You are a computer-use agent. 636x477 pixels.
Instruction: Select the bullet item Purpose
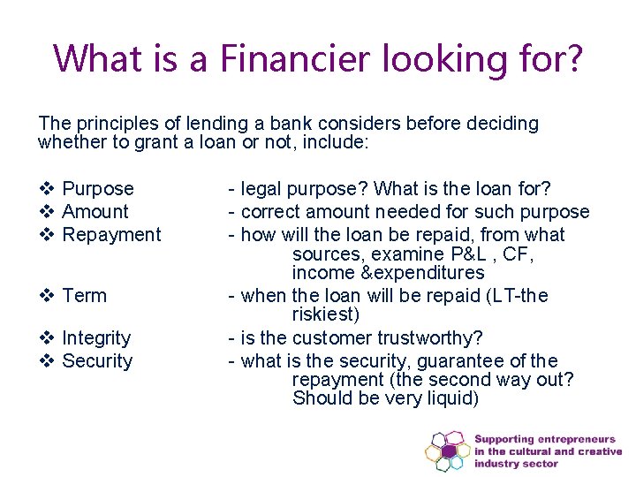tap(98, 189)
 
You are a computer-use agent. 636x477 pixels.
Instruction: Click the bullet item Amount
tap(95, 212)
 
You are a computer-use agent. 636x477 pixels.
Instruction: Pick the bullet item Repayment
tap(112, 235)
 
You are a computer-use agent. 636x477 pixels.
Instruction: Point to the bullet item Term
tap(84, 296)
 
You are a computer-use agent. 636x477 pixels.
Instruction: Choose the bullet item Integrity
tap(96, 338)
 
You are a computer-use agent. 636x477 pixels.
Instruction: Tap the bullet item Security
tap(97, 361)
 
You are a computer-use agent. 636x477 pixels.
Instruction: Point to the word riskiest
tap(325, 315)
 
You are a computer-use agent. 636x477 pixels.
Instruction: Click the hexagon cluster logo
tap(447, 451)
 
